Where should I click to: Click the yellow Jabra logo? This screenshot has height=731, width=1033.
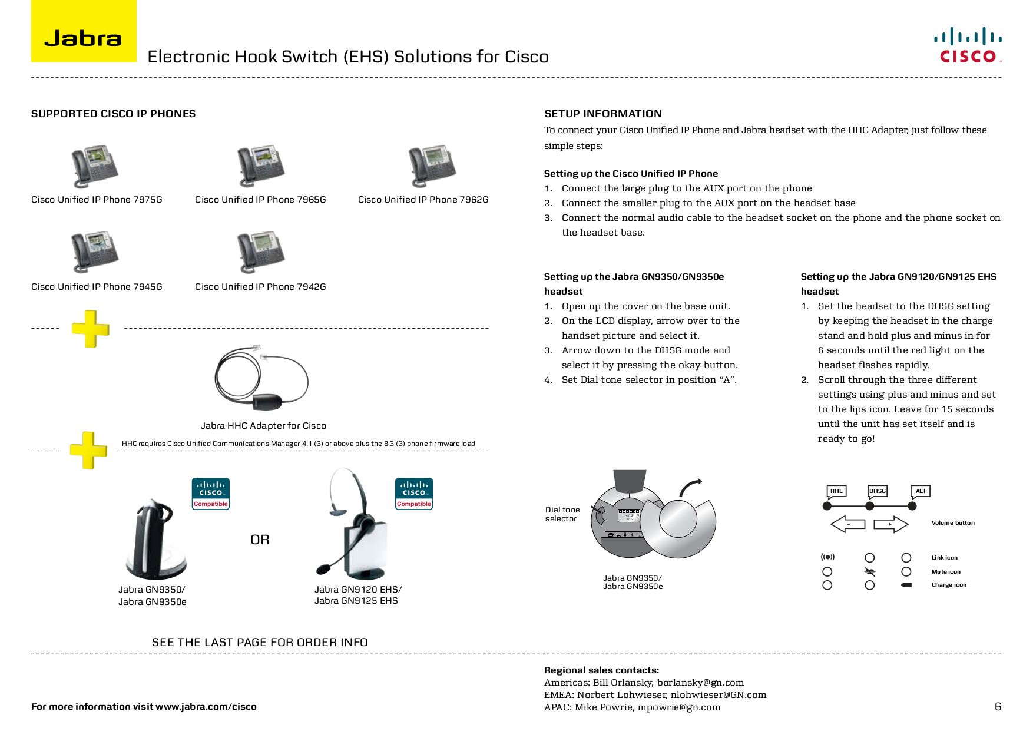click(84, 32)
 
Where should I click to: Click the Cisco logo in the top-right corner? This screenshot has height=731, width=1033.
click(968, 45)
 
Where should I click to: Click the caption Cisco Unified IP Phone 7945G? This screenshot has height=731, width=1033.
click(97, 287)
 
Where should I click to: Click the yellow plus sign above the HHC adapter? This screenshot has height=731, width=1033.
click(91, 329)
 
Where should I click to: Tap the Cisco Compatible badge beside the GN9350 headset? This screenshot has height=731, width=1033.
click(210, 494)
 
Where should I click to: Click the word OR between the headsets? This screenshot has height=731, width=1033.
click(260, 540)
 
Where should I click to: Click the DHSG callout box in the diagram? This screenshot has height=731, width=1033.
click(877, 491)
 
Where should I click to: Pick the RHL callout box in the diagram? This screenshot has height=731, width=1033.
click(836, 491)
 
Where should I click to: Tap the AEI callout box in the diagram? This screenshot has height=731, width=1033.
click(920, 491)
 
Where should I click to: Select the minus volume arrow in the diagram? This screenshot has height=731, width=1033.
click(848, 524)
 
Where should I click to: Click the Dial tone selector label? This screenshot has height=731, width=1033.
click(562, 514)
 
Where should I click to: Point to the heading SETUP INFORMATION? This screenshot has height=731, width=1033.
click(602, 114)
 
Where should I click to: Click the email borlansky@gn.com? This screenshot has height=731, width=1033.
click(700, 683)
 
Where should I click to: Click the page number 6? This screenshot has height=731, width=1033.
click(998, 706)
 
